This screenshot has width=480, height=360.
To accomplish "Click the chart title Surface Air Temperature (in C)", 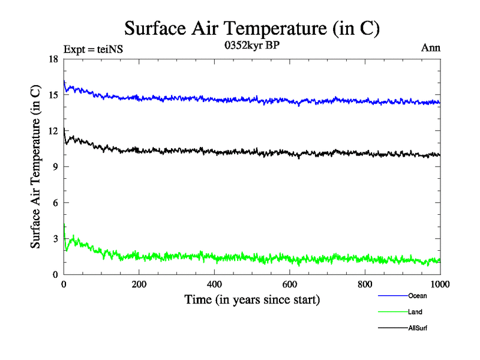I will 252,28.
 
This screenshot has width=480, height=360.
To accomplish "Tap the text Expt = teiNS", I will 93,50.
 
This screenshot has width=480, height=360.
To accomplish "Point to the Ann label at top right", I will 430,48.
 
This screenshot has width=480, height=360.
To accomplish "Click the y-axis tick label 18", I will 53,59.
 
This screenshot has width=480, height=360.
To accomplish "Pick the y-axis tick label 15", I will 53,95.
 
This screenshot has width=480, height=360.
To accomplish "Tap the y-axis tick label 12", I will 53,131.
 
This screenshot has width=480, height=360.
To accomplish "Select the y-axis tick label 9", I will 55,167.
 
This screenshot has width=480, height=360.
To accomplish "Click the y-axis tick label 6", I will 55,203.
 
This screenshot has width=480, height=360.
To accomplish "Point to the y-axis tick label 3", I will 55,239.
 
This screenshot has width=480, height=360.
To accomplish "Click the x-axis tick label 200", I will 139,285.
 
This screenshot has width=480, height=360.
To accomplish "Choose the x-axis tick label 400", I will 214,285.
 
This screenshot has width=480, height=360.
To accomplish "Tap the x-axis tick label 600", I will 290,285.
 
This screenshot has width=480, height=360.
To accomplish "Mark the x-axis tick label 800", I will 365,285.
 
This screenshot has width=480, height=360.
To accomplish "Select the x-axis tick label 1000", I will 440,285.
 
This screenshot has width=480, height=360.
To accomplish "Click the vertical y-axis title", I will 37,167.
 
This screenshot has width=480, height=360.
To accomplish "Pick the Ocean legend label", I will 418,296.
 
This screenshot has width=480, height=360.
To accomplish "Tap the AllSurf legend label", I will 418,328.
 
